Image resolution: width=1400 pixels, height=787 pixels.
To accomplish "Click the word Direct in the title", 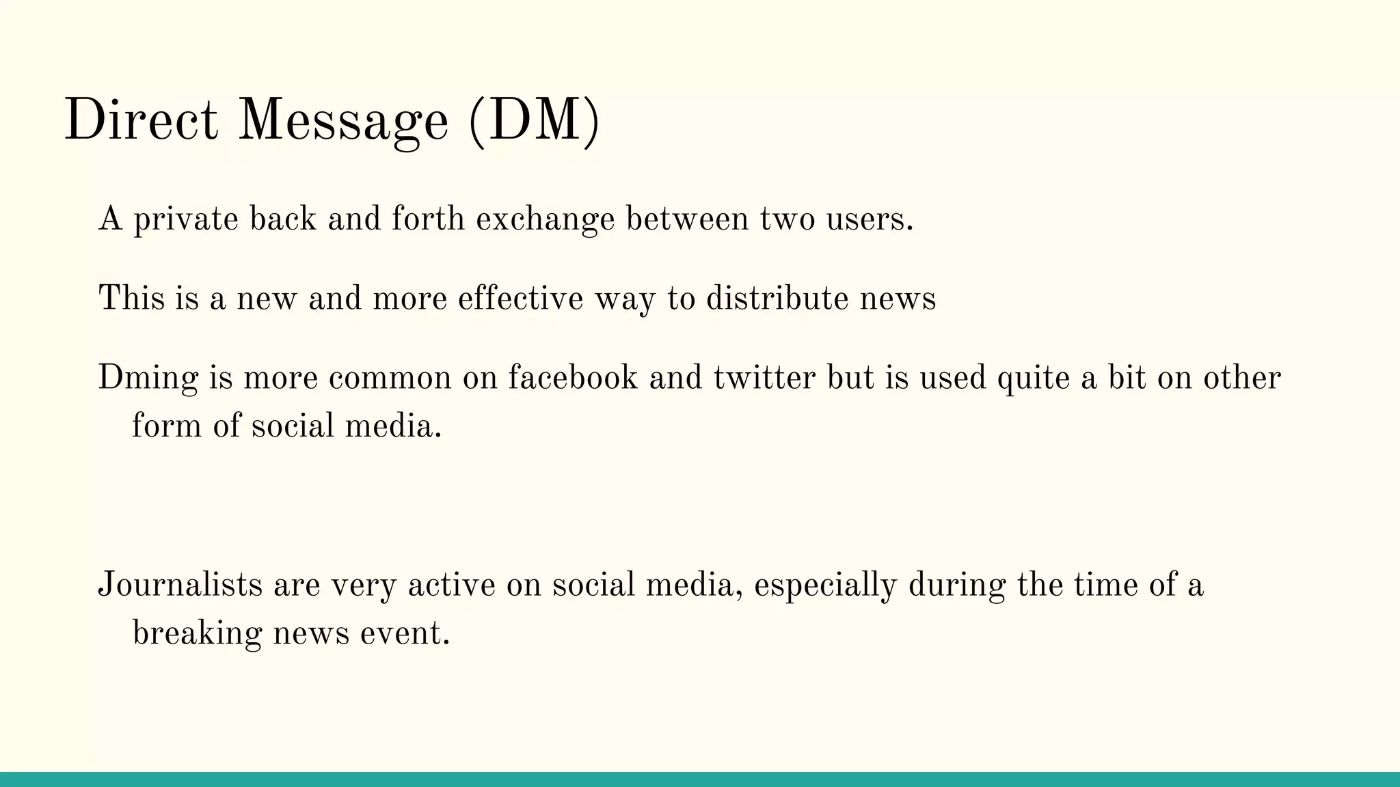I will point(141,121).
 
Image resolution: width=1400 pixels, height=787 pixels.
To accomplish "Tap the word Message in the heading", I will point(343,121).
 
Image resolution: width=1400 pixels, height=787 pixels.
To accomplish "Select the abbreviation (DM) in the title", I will point(534,121).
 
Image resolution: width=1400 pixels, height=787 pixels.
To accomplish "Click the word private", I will point(186,220).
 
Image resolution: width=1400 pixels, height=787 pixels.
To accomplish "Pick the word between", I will point(687,220).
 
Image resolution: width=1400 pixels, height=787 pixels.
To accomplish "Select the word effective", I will point(521,299).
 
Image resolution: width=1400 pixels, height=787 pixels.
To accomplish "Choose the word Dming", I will point(148,378).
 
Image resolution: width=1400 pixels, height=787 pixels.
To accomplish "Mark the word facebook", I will point(573,378).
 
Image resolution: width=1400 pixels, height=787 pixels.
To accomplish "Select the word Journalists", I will point(180,585).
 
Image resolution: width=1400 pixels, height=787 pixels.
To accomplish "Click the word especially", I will point(825,585).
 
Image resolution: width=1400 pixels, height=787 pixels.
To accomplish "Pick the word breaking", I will point(197,633).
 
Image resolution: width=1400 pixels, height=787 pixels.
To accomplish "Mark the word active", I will point(451,585).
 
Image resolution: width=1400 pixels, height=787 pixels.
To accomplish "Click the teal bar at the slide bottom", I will point(700,779).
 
